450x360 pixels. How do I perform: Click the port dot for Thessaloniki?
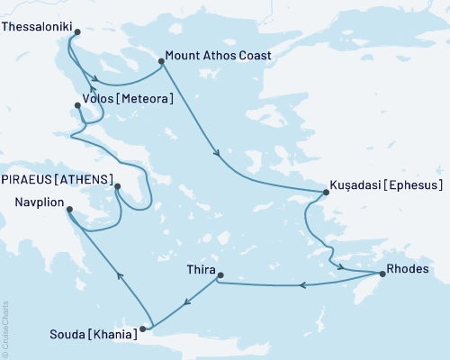76,33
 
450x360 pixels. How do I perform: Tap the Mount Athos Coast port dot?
161,62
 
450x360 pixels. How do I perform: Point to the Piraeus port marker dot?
117,187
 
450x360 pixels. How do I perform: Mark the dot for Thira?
220,275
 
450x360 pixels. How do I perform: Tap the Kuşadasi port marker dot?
327,192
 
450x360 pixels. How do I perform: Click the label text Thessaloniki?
36,28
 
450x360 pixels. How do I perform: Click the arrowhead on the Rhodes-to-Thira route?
303,286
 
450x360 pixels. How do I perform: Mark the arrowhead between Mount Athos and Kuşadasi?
217,154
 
